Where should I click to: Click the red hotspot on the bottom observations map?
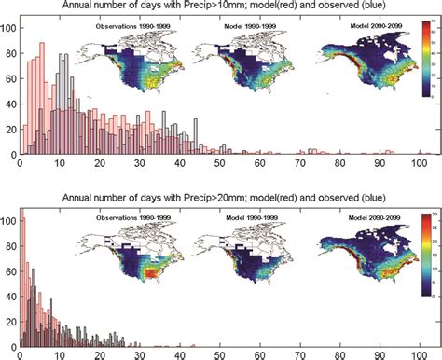point(154,273)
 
